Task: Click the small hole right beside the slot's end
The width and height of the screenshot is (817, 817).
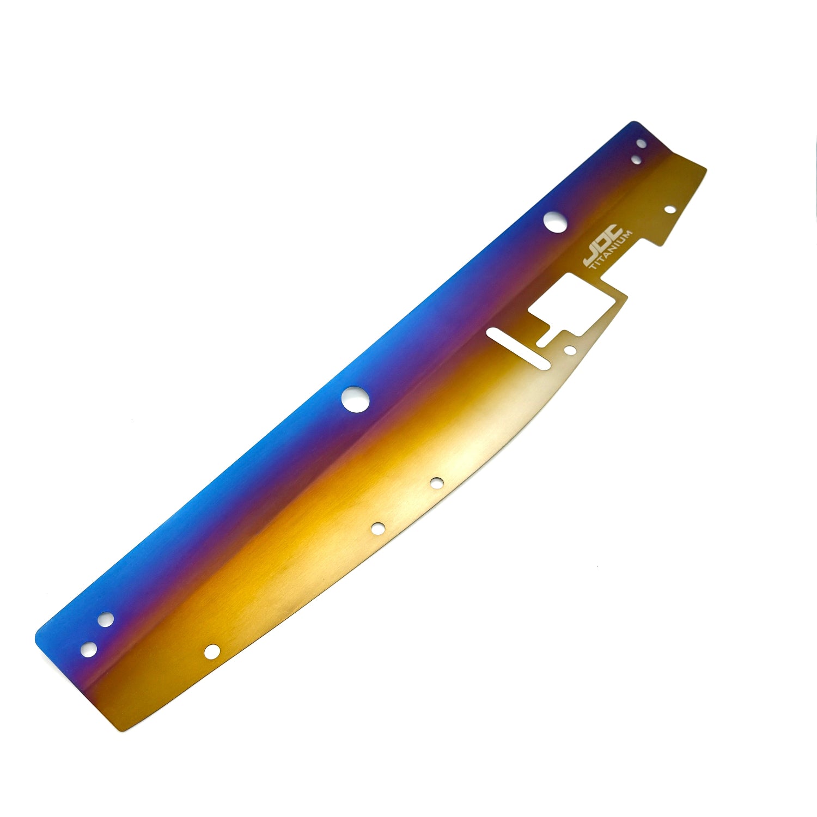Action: [569, 350]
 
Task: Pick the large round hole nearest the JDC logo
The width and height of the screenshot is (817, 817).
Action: [555, 222]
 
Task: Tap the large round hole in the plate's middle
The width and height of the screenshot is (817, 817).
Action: [355, 399]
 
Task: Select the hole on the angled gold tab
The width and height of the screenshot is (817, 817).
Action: [669, 210]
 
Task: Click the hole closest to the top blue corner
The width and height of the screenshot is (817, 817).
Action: [642, 144]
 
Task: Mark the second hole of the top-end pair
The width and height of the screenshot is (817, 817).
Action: [636, 160]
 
